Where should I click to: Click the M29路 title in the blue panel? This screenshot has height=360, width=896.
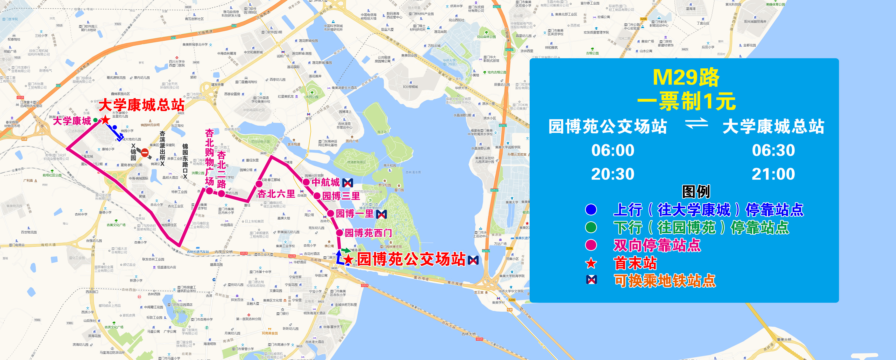pos(686,77)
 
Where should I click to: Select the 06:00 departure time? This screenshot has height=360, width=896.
pos(613,150)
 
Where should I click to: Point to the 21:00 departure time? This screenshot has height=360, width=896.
pos(773,174)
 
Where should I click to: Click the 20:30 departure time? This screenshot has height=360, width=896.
pos(613,174)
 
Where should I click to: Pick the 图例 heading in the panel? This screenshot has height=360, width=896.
pos(696,192)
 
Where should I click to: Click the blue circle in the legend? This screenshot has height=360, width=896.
pos(591,209)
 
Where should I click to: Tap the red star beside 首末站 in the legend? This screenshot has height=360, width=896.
pos(591,263)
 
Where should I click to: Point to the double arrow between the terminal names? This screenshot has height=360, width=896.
pos(696,123)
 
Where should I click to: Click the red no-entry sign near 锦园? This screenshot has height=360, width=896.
pos(145,153)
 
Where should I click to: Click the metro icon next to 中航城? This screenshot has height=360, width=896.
pos(348,183)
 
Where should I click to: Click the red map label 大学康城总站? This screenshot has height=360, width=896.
pos(142,104)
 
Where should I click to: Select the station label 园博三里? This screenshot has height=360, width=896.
pos(341,196)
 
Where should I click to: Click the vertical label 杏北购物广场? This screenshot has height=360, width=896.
pos(209,157)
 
